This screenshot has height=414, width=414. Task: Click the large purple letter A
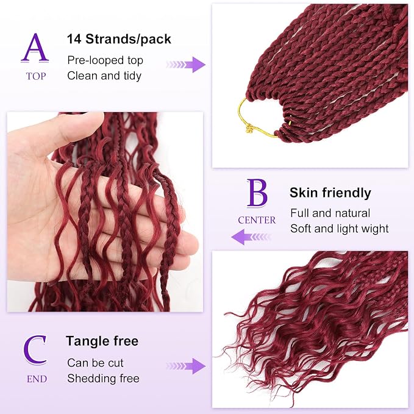[x=35, y=48]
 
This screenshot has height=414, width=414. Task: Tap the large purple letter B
[x=257, y=193]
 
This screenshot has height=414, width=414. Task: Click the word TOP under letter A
[x=36, y=76]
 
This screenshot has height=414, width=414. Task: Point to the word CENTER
[x=257, y=220]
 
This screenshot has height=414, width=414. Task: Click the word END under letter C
[x=37, y=379]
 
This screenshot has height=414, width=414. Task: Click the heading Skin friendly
[x=330, y=193]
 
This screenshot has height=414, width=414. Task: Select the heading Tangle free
[x=102, y=341]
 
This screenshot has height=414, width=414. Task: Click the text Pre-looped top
[x=105, y=60]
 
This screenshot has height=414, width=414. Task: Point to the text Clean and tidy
[x=104, y=76]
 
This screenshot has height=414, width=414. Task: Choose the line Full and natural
[x=330, y=213]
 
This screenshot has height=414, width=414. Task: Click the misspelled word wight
[x=375, y=229]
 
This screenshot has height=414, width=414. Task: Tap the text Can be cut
[x=95, y=363]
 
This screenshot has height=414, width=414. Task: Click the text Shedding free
[x=103, y=379]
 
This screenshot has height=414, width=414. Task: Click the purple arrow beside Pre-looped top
[x=186, y=65]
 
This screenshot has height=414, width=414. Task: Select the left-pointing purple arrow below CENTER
[x=251, y=237]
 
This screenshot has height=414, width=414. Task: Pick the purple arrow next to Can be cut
[x=186, y=366]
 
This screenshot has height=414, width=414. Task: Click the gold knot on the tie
[x=249, y=129]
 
